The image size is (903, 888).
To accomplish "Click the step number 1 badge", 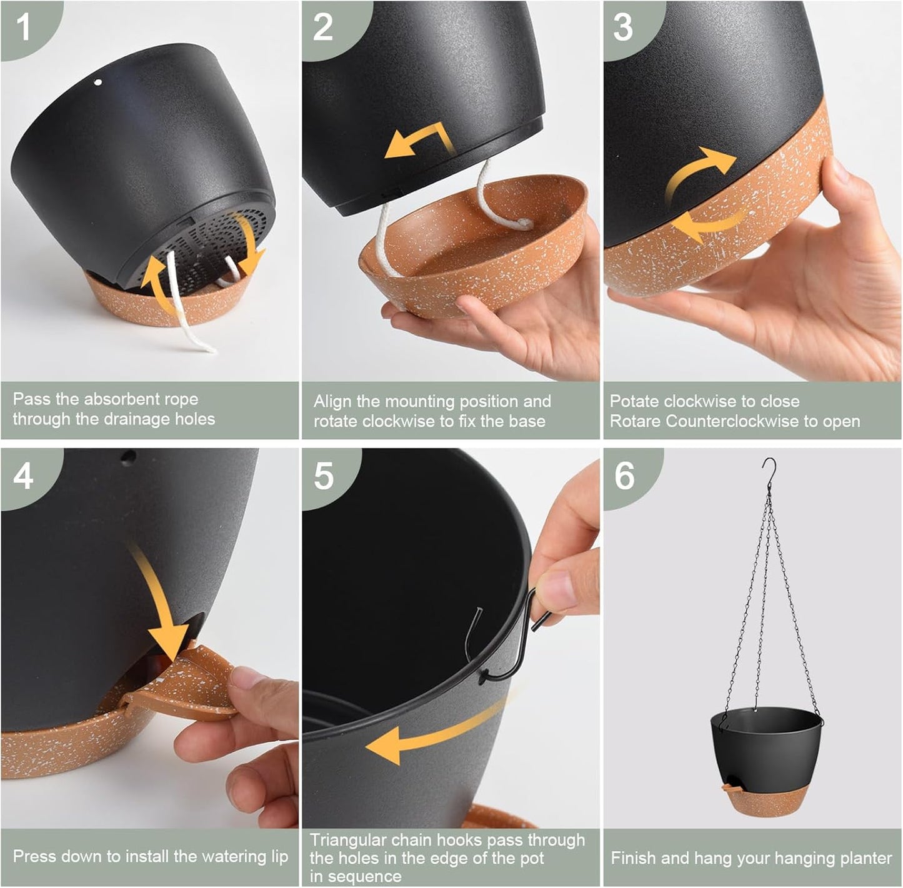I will (x=23, y=27).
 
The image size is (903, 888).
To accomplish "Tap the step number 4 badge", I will (x=23, y=477).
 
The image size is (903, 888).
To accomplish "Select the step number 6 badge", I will (x=624, y=476).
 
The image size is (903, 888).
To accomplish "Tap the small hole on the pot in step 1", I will (x=97, y=82).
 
